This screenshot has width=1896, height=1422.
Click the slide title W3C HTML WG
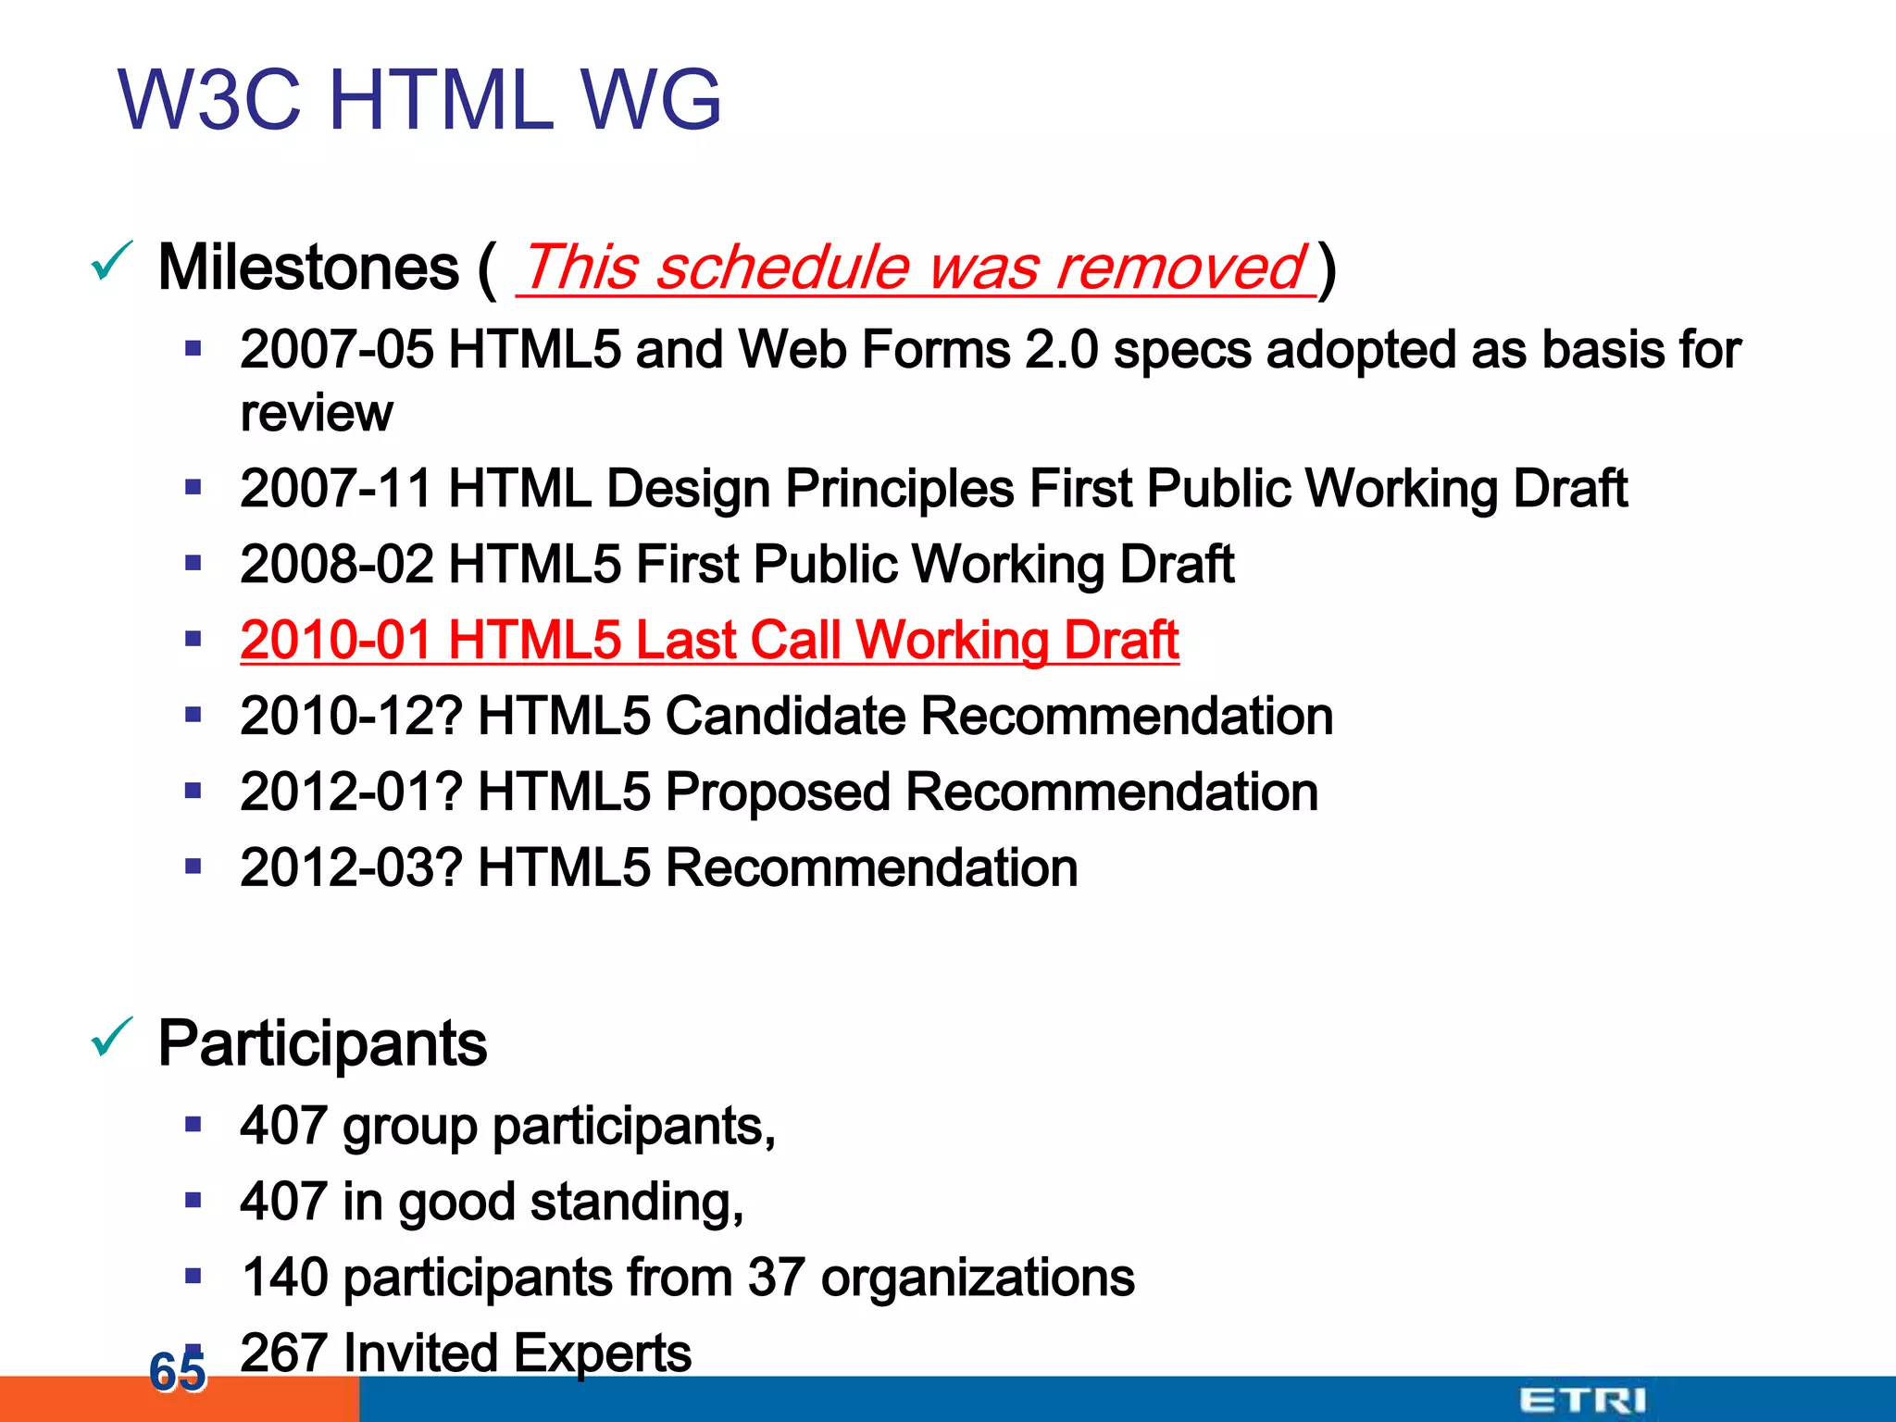418,100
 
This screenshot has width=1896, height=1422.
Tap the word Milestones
308,268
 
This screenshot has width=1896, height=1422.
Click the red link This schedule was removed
915,268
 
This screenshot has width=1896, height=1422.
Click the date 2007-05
336,351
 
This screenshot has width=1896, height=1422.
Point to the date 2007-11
335,489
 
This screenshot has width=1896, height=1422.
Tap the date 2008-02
336,565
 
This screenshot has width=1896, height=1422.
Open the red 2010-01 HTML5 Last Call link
709,641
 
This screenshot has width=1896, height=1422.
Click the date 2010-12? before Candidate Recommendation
351,717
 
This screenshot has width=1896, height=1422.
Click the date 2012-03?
351,868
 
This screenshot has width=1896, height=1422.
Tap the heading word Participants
322,1044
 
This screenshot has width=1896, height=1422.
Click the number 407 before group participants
283,1126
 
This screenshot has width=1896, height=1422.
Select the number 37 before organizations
776,1278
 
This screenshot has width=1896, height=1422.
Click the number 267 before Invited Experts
283,1353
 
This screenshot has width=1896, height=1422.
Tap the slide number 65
177,1371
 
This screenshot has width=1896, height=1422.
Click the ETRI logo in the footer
1582,1401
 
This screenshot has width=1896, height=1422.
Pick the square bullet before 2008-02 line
193,563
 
